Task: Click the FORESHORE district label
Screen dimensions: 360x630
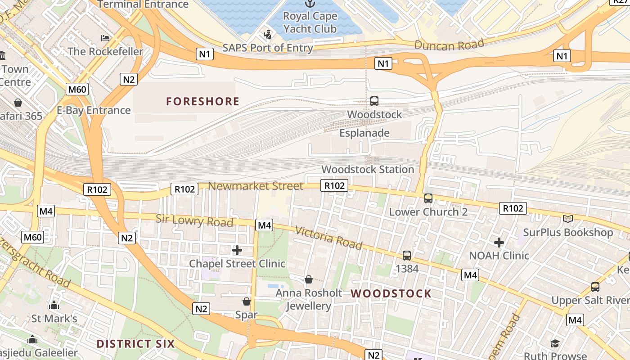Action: click(x=202, y=101)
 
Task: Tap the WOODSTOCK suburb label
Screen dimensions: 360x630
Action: click(x=391, y=294)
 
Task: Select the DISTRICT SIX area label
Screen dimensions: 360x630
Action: click(x=135, y=344)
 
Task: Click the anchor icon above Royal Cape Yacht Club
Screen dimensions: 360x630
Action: click(x=310, y=4)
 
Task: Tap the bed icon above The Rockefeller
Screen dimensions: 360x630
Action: click(x=105, y=38)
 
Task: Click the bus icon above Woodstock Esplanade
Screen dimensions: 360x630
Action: click(x=374, y=101)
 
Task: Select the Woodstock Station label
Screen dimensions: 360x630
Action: click(x=368, y=170)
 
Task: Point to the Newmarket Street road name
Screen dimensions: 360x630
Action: click(x=256, y=186)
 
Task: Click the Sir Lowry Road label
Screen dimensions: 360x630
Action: click(x=194, y=220)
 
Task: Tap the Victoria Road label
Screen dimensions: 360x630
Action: click(x=328, y=237)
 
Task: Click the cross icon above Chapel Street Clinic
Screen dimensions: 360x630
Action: click(x=237, y=250)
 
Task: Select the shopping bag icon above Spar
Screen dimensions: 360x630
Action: click(x=247, y=301)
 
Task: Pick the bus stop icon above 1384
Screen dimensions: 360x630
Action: click(x=407, y=256)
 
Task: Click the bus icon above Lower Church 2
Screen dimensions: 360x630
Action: click(x=428, y=198)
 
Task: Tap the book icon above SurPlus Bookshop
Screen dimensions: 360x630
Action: click(x=568, y=219)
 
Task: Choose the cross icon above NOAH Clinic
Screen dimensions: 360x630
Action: click(x=499, y=243)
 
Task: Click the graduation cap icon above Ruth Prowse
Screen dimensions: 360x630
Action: click(x=555, y=344)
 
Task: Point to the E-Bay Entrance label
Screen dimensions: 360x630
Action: click(x=94, y=110)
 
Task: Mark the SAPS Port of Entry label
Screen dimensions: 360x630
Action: click(x=268, y=48)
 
